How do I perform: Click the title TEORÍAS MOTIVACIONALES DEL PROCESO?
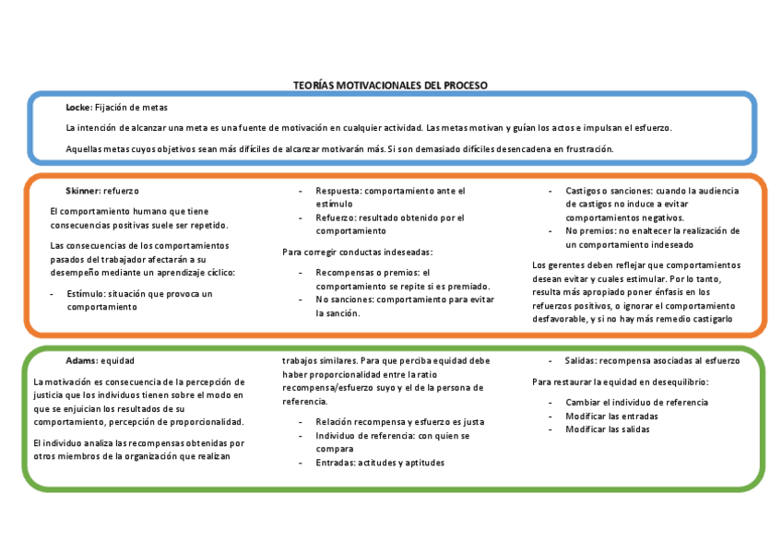click(390, 85)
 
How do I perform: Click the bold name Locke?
click(77, 108)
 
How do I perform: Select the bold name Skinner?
click(82, 190)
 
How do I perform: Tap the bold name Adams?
click(81, 360)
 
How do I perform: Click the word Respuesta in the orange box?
click(337, 191)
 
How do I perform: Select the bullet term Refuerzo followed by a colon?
click(336, 218)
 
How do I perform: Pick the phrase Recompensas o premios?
click(365, 273)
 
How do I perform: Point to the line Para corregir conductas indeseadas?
click(357, 252)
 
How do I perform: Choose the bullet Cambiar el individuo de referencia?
click(636, 403)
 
